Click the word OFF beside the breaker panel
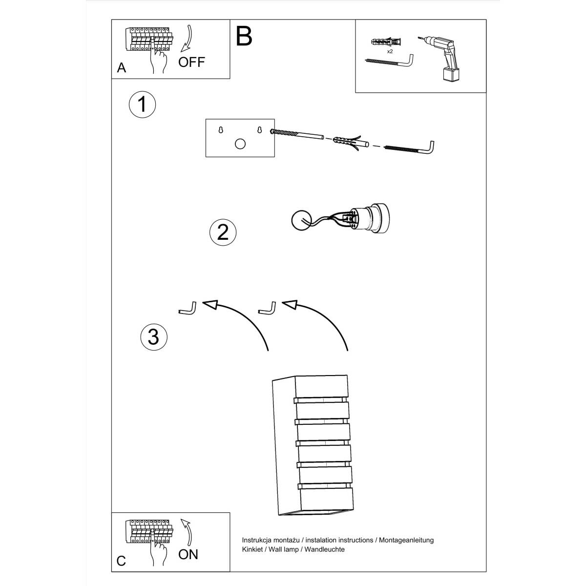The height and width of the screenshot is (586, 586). [191, 62]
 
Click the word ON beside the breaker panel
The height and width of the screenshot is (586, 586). [188, 554]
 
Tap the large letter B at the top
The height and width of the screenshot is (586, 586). [244, 36]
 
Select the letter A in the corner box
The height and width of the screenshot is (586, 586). [122, 68]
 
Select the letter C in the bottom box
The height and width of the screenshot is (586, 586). [121, 561]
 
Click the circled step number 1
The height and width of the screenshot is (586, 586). [142, 104]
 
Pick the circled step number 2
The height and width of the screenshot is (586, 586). [223, 231]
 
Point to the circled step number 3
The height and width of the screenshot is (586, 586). [154, 336]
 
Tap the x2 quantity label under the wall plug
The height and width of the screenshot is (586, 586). [390, 51]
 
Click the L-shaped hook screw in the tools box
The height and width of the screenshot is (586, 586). [389, 62]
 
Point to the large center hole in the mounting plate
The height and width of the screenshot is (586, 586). [240, 144]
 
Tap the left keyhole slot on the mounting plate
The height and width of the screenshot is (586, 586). [221, 130]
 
